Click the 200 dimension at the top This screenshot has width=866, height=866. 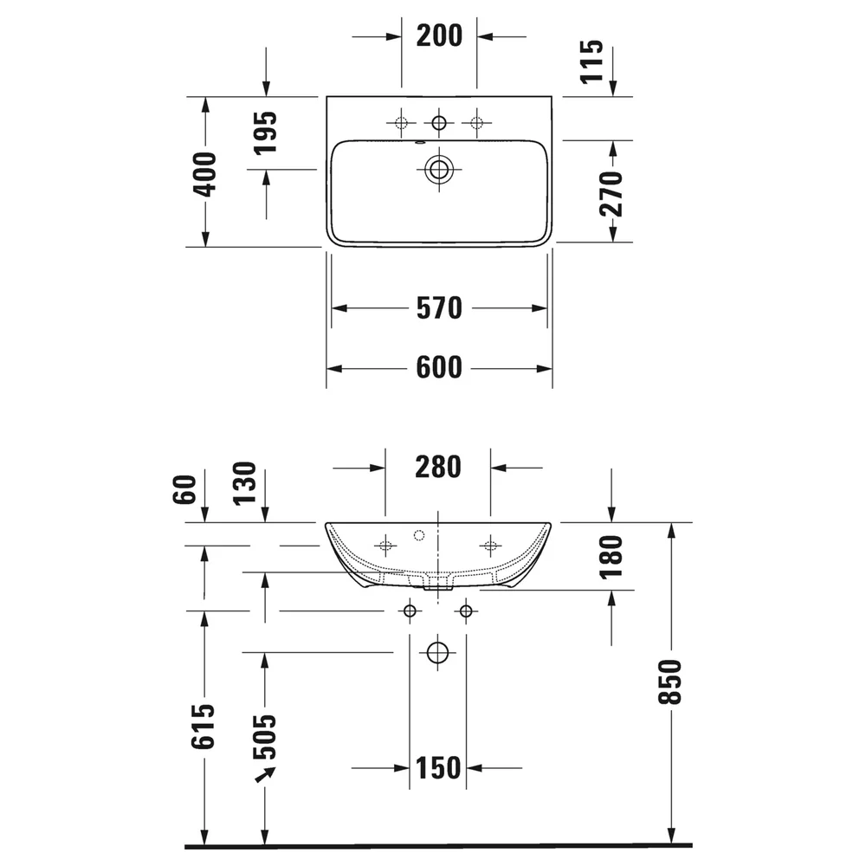click(439, 36)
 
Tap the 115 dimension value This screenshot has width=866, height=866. click(592, 61)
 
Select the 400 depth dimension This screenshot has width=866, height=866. click(204, 175)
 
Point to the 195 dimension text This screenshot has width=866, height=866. click(266, 133)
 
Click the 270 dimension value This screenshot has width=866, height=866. click(611, 194)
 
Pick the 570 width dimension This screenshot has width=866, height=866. click(439, 308)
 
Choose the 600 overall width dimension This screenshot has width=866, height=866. click(439, 367)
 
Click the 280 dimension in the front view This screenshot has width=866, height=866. click(438, 468)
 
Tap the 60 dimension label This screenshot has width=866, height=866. click(185, 489)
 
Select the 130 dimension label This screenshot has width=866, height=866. click(245, 483)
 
